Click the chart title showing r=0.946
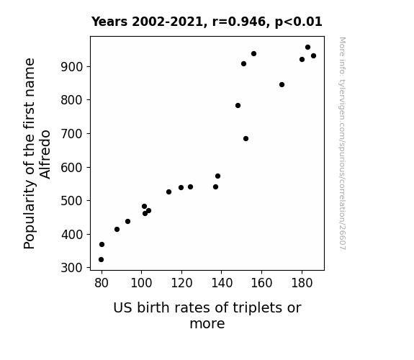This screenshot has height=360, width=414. [207, 22]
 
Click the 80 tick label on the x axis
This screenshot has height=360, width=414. [102, 283]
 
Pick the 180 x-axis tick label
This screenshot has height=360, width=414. [302, 283]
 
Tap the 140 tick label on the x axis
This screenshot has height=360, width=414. [222, 283]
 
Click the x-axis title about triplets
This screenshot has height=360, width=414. [207, 315]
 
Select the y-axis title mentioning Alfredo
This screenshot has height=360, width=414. [37, 153]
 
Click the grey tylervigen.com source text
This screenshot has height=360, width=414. [342, 143]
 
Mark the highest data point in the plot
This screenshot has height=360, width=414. [307, 48]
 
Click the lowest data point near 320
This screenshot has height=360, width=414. [101, 260]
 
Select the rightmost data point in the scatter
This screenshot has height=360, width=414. [313, 55]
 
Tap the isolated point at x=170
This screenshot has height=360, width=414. [282, 84]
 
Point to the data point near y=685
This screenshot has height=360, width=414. [246, 139]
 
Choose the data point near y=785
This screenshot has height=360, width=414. [238, 105]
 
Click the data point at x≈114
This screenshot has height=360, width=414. [168, 192]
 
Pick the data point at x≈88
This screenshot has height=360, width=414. [117, 229]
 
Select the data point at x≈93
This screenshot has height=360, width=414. [127, 221]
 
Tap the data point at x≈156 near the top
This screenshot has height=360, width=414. [253, 53]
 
